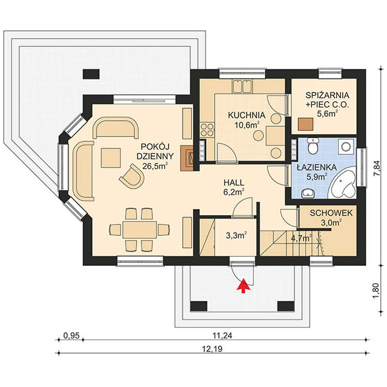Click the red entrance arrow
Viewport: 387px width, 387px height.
[242, 285]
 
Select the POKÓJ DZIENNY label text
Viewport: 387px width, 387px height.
[156, 155]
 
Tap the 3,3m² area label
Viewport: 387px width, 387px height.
[236, 234]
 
